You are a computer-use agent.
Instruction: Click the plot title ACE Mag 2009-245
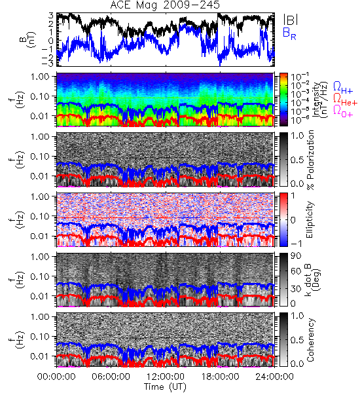pos(165,5)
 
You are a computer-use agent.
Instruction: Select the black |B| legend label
pos(291,20)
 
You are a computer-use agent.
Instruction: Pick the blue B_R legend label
pos(289,33)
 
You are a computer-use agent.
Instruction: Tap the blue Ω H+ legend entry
pos(343,88)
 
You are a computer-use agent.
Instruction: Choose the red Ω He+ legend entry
pos(345,100)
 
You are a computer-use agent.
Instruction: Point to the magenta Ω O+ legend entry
pos(343,111)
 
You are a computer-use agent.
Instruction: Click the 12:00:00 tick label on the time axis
pos(166,377)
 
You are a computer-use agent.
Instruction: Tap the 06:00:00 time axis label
pos(111,377)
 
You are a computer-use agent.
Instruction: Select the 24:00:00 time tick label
pos(274,377)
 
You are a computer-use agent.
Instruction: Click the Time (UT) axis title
pos(165,386)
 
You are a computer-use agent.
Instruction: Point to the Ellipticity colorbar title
pos(310,220)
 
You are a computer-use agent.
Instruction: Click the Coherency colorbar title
pos(310,340)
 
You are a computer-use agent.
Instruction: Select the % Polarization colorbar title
pos(310,160)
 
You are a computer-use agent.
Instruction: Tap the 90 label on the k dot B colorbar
pos(297,256)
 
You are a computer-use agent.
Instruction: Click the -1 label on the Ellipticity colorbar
pos(296,244)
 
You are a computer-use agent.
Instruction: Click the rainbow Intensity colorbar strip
pos(283,100)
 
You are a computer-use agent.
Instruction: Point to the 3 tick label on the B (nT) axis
pos(51,16)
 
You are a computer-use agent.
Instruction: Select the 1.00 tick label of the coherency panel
pos(41,317)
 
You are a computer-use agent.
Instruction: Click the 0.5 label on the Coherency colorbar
pos(297,340)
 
